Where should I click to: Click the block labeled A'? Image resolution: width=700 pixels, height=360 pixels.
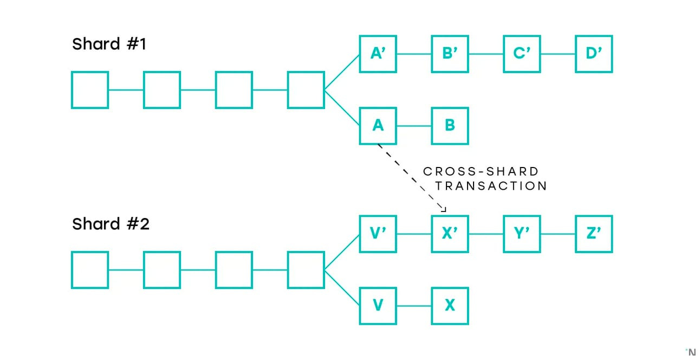(x=378, y=54)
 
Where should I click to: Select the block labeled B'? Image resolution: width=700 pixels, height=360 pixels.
(x=450, y=54)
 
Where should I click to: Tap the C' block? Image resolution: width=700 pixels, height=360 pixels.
(x=521, y=54)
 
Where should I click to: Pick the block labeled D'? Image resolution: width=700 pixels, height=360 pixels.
(x=594, y=54)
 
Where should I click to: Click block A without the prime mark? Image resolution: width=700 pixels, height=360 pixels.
(x=378, y=126)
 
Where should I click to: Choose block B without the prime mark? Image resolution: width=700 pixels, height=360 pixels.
(x=450, y=126)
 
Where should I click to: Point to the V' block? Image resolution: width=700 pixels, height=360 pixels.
(x=378, y=234)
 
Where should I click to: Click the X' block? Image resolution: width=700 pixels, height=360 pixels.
(x=450, y=234)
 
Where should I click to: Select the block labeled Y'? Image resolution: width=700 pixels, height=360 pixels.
(x=521, y=234)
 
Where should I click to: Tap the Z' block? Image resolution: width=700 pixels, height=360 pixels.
(x=594, y=234)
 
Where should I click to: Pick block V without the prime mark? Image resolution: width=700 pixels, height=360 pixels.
(x=378, y=306)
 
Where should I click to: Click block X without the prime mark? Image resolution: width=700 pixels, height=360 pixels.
(x=450, y=306)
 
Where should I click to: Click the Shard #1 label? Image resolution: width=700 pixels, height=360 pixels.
(x=109, y=44)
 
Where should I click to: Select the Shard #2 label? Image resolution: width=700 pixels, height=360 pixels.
(x=111, y=223)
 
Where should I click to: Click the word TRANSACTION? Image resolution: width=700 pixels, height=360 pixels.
(x=491, y=186)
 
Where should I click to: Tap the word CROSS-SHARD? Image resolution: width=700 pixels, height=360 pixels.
(x=481, y=171)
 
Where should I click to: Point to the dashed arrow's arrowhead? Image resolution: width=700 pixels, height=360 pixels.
(x=443, y=209)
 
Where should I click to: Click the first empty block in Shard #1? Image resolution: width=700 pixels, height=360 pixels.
(x=90, y=90)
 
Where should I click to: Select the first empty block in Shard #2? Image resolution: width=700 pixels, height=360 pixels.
(x=90, y=269)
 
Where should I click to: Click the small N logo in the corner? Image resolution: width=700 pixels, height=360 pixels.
(x=690, y=352)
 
